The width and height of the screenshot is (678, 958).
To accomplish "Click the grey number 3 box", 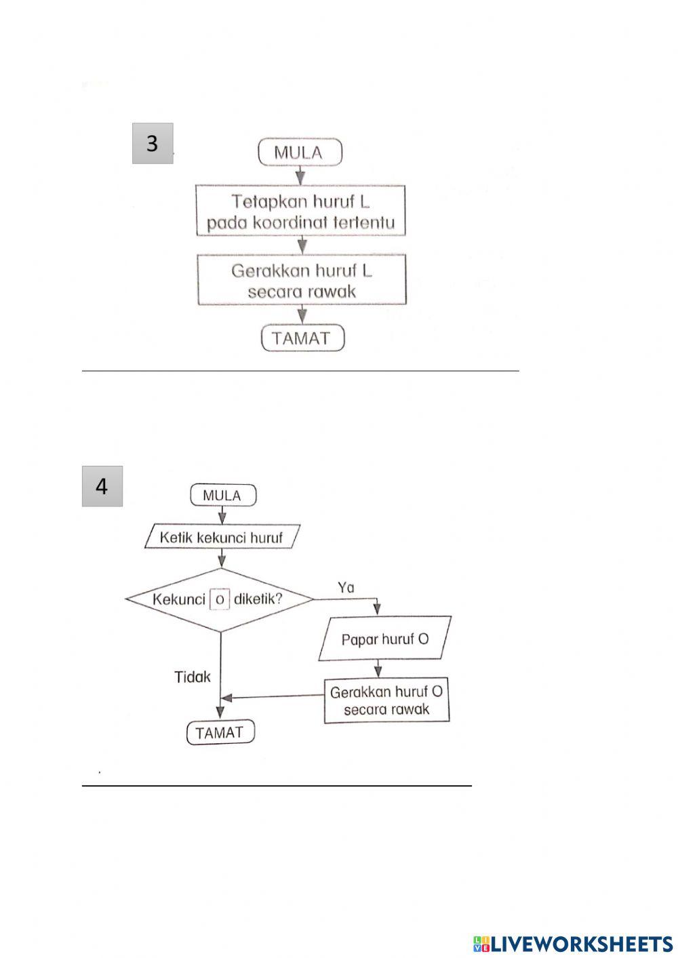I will (152, 143).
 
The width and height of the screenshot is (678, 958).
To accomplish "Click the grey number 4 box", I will (102, 486).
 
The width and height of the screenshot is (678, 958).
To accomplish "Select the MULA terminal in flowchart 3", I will (300, 153).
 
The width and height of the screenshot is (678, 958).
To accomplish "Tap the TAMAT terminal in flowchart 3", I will (302, 338).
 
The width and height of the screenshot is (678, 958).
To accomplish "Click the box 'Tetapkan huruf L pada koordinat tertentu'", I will (300, 210).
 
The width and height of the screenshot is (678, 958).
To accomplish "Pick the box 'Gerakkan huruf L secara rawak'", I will (302, 279).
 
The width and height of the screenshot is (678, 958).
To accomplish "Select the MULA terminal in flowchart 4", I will (222, 496).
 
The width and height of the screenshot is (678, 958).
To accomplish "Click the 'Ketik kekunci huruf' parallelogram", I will (222, 538).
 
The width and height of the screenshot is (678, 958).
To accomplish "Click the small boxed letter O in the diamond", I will (219, 600).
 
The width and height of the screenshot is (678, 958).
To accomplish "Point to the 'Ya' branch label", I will (346, 587).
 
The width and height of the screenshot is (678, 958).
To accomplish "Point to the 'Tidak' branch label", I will (193, 677).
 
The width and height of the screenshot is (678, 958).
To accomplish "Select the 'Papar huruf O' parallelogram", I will (384, 639).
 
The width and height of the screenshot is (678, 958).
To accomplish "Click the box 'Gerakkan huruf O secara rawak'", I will (386, 701).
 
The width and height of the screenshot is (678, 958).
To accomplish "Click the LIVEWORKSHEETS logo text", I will (580, 943).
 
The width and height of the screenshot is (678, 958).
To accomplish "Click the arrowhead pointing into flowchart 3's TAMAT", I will (302, 317).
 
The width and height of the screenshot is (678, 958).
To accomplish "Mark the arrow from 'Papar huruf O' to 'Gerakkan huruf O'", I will (378, 670).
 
